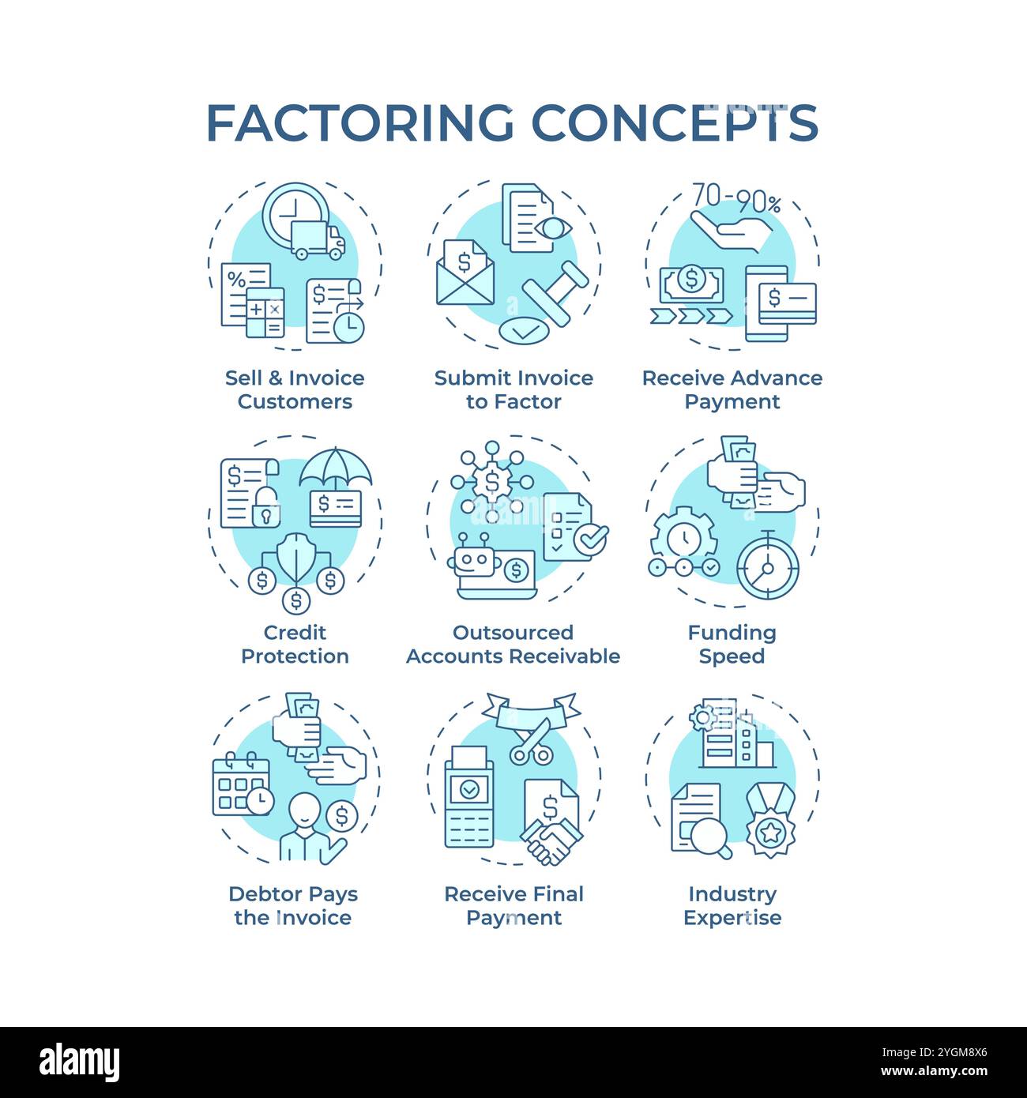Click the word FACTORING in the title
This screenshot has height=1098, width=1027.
click(359, 123)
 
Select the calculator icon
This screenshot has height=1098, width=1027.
click(265, 313)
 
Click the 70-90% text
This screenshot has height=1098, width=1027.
click(736, 199)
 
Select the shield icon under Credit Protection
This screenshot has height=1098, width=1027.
click(295, 558)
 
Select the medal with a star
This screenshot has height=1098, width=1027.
click(770, 822)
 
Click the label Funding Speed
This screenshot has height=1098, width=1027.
click(732, 644)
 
